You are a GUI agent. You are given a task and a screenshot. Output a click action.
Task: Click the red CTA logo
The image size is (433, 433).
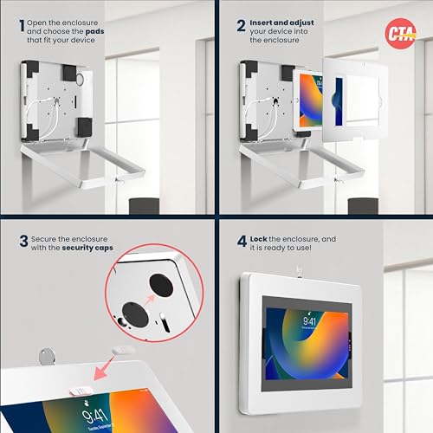pyautogui.click(x=400, y=34)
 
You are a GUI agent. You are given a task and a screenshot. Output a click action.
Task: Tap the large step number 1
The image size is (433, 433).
pyautogui.click(x=22, y=25)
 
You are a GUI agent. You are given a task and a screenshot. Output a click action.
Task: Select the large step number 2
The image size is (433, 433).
pyautogui.click(x=242, y=25)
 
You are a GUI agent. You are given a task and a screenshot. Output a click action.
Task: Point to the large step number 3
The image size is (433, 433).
pyautogui.click(x=23, y=242)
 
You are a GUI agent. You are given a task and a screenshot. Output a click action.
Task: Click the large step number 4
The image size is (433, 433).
pyautogui.click(x=242, y=242)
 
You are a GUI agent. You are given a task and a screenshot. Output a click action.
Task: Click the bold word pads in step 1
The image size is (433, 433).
pyautogui.click(x=94, y=31)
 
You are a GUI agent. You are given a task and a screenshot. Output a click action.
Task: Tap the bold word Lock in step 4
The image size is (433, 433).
pyautogui.click(x=258, y=239)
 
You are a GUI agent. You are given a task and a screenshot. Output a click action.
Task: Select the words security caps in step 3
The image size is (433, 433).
pyautogui.click(x=87, y=248)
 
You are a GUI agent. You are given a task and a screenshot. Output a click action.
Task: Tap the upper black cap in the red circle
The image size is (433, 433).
pyautogui.click(x=161, y=285)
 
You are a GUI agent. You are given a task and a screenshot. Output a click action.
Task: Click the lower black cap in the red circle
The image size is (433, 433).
pyautogui.click(x=135, y=314)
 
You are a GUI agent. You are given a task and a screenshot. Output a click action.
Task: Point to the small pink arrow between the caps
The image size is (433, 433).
pyautogui.click(x=150, y=300)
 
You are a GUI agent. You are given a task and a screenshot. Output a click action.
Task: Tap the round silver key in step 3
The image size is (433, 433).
pyautogui.click(x=47, y=357)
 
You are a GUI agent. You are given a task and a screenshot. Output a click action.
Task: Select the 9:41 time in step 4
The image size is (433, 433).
pyautogui.click(x=309, y=321)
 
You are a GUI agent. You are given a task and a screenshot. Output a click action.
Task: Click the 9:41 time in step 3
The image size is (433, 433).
pyautogui.click(x=94, y=416)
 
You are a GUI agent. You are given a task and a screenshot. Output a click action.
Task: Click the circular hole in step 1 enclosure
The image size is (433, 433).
pyautogui.click(x=80, y=79)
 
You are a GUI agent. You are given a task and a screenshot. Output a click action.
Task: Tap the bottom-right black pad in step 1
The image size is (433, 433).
pyautogui.click(x=84, y=127)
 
